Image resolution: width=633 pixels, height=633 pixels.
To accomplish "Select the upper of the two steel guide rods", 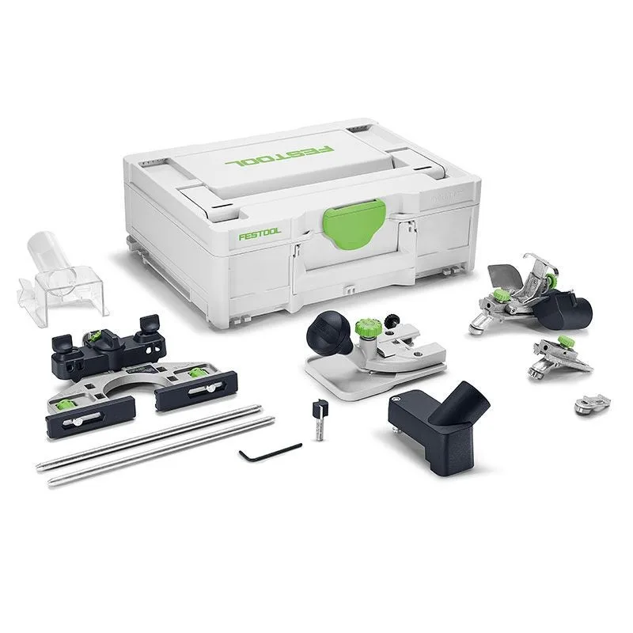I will [150, 435].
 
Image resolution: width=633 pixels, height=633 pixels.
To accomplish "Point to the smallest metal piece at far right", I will [591, 401].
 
